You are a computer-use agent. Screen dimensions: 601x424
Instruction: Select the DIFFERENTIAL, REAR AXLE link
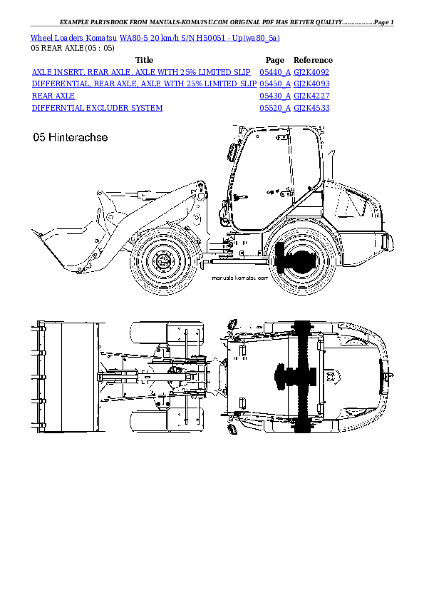(x=144, y=84)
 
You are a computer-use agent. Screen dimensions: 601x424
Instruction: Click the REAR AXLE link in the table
(x=53, y=96)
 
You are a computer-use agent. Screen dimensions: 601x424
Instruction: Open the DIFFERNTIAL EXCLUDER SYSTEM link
(x=97, y=108)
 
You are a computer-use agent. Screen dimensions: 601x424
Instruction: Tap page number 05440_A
(x=274, y=72)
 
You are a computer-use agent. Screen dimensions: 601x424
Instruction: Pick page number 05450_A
(x=274, y=84)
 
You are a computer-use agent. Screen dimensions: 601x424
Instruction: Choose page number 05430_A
(x=274, y=96)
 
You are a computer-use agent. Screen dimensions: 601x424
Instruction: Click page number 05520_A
(x=274, y=108)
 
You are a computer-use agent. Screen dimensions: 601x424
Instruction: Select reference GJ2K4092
(x=311, y=72)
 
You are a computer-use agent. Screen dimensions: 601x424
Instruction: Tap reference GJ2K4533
(x=311, y=108)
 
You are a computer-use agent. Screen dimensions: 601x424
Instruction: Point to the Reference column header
(x=313, y=61)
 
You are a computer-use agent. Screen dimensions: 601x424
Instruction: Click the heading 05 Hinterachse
(x=70, y=138)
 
